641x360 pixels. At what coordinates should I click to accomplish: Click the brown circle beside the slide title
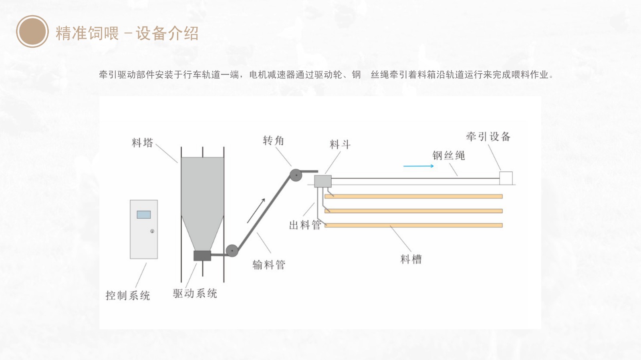(32, 32)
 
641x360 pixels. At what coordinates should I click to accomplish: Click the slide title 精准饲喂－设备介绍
(127, 33)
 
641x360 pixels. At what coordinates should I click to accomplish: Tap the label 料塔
(142, 143)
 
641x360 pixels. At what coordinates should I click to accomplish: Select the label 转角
(273, 141)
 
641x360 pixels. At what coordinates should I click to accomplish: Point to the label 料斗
(340, 145)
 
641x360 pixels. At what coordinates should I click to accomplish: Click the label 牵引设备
(488, 137)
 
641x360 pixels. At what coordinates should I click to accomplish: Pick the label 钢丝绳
(449, 155)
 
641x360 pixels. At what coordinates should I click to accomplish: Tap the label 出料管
(305, 225)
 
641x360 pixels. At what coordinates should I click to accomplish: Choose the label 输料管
(268, 265)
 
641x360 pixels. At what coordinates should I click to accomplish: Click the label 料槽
(411, 259)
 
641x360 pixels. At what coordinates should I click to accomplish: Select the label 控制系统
(127, 296)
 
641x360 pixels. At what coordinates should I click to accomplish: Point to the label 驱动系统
(195, 294)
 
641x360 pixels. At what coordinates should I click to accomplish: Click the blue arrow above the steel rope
(418, 166)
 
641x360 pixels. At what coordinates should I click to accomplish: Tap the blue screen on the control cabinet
(144, 215)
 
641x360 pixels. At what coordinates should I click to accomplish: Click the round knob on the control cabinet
(152, 231)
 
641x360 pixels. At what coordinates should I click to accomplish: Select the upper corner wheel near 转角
(296, 175)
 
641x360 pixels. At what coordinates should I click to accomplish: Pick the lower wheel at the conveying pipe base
(232, 251)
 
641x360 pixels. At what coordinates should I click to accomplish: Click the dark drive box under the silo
(202, 255)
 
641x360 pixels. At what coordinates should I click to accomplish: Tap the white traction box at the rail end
(506, 178)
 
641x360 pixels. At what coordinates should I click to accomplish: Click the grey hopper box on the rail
(323, 181)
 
